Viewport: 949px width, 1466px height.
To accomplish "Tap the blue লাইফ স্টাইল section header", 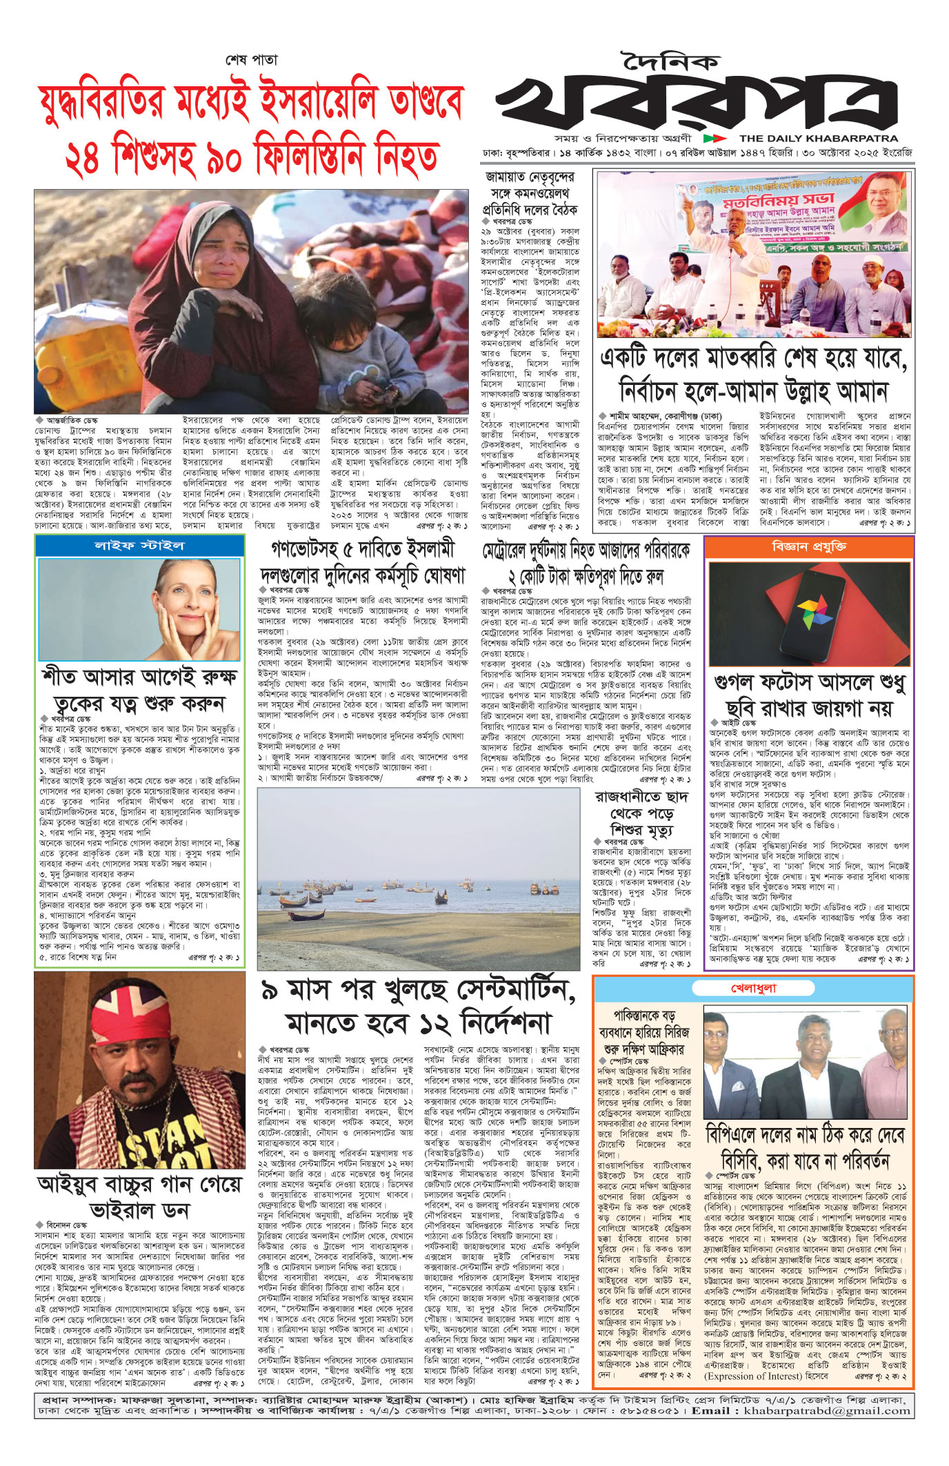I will (139, 545).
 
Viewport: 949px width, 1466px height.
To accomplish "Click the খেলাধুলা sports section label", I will (753, 988).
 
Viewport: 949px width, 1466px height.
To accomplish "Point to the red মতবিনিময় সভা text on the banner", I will (779, 203).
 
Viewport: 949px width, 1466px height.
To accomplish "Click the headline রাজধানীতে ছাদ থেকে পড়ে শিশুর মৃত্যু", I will (641, 813).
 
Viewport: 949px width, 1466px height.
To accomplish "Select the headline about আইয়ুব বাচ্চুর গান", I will (139, 1197).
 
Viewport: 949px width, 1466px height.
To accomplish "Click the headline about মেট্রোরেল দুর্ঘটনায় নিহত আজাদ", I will (586, 563).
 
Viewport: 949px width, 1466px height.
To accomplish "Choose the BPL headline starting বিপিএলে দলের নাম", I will (805, 1148).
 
